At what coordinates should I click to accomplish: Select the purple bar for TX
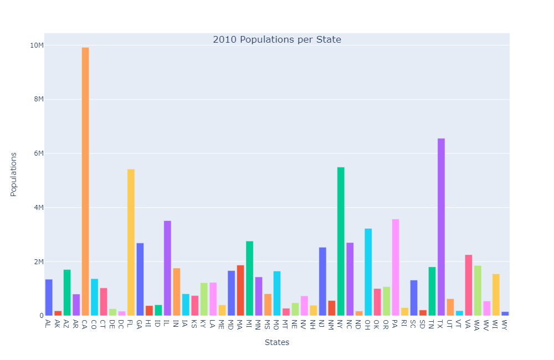point(441,227)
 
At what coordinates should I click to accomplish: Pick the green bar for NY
point(341,241)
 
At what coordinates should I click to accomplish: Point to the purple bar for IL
point(167,268)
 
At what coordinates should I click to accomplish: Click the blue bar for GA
point(140,279)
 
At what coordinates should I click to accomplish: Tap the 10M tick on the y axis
point(37,45)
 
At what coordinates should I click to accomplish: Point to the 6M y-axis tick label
point(38,153)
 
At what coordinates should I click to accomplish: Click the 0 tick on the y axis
point(41,316)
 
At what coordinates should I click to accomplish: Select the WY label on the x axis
point(505,325)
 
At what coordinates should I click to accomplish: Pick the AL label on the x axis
point(49,323)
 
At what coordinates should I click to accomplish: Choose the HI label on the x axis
point(149,323)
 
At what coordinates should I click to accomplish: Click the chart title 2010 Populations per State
point(277,40)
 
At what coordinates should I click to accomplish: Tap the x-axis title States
point(277,342)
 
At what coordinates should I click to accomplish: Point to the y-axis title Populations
point(14,174)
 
